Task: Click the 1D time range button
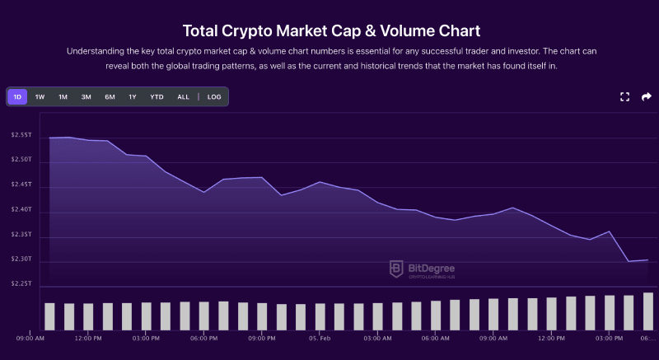pos(17,97)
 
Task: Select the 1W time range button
pos(40,97)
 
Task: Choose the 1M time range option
pos(63,97)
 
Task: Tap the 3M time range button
pos(86,97)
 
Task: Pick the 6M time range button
pos(110,97)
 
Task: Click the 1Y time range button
pos(133,97)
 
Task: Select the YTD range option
pos(157,97)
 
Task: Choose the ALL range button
pos(183,97)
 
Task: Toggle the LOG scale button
pos(214,97)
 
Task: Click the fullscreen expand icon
pos(624,97)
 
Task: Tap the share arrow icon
pos(647,97)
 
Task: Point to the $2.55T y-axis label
pos(21,135)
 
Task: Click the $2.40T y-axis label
pos(21,209)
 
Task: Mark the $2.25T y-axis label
pos(21,283)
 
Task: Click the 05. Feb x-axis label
pos(320,339)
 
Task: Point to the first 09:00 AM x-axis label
pos(30,339)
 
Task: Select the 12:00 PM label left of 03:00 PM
pos(88,339)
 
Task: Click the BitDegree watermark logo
pos(422,269)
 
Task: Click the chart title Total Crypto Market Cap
pos(329,31)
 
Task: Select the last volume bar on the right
pos(648,311)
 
